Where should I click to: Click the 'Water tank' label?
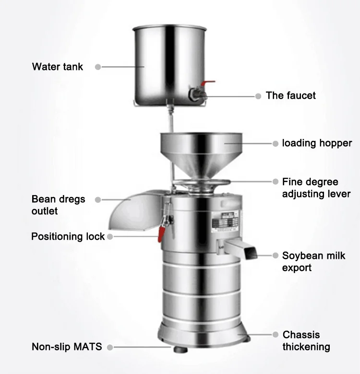coord(57,67)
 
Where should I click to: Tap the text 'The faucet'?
coord(291,95)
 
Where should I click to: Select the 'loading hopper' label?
coord(317,143)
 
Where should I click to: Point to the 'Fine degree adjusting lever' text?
coord(316,188)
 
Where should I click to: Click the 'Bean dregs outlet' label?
coord(59,205)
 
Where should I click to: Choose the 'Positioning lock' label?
coord(68,236)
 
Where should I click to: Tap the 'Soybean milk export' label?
coord(313,262)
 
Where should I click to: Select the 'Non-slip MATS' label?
coord(67,346)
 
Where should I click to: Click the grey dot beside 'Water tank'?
coord(98,67)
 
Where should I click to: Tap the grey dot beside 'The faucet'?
coord(258,96)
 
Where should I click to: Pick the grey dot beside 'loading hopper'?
coord(276,143)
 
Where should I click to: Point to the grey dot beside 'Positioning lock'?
coord(110,236)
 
